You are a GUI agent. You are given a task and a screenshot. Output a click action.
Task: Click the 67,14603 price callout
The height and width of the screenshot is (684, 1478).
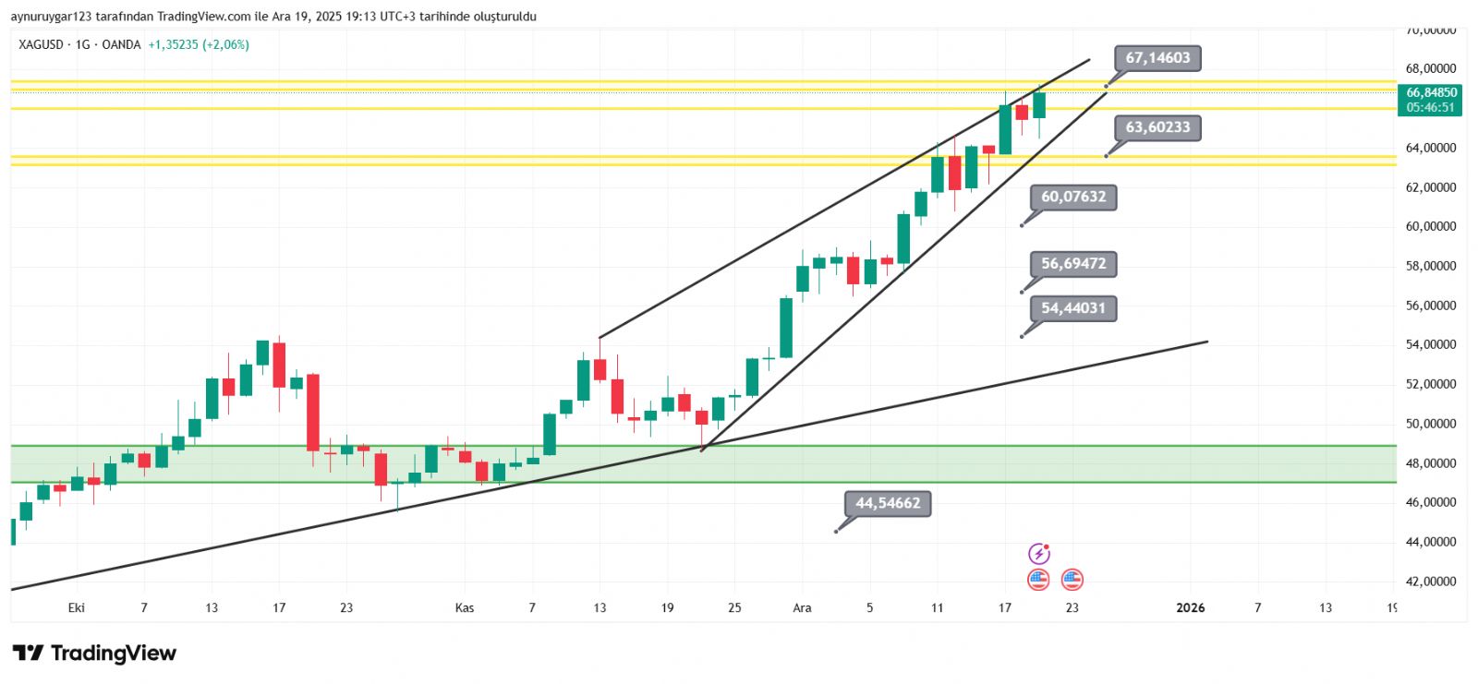pos(1157,58)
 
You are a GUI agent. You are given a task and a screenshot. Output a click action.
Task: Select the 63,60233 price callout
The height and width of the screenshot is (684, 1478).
pos(1157,127)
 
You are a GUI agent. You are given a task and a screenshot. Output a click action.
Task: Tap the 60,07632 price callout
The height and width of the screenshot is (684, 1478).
pos(1073,197)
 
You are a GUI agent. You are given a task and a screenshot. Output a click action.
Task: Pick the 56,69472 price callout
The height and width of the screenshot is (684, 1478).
pos(1073,264)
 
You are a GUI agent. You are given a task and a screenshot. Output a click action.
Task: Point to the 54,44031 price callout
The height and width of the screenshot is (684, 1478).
pos(1073,308)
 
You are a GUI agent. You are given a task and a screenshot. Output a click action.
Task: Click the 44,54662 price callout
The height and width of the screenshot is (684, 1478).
pos(888,503)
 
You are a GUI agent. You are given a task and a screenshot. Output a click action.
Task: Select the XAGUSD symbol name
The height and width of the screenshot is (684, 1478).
pos(42,44)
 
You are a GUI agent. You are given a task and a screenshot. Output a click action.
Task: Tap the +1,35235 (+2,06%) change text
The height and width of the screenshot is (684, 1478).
pos(199,44)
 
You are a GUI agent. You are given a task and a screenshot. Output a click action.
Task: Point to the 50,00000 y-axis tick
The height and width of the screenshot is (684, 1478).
pos(1431,424)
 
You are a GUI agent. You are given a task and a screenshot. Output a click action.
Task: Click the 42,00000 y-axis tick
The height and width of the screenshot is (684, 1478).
pos(1431,582)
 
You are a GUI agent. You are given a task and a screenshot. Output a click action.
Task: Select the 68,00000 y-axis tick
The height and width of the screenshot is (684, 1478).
pos(1431,68)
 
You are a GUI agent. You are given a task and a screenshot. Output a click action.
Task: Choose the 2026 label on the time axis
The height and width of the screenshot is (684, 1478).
pos(1190,607)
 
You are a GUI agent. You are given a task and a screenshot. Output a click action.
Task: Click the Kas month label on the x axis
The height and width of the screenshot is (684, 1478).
pos(465,607)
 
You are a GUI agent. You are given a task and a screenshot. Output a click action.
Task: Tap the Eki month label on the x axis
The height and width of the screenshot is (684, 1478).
pos(77,607)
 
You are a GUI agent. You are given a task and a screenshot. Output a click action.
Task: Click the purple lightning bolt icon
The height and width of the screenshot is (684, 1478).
pos(1039,554)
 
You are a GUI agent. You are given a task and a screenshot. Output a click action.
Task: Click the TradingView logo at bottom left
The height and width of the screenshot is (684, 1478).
pos(94,654)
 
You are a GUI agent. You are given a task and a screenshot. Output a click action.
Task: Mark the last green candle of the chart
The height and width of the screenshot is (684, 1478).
pos(1039,104)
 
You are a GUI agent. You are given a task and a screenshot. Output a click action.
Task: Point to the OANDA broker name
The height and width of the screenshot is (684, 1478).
pos(121,44)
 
